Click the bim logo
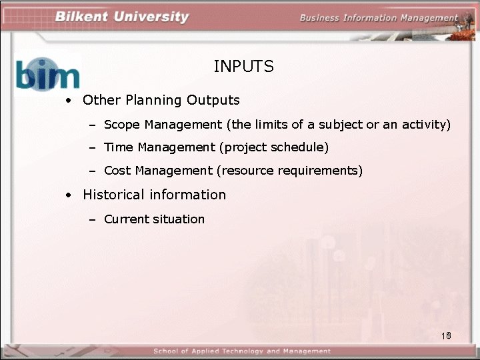pos(47,74)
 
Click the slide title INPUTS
pos(243,67)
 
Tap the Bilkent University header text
pos(122,17)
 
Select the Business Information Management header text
pos(378,18)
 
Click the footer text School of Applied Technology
pos(241,351)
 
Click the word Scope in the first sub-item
pos(122,125)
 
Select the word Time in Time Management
pos(119,147)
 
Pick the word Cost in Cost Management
pos(118,171)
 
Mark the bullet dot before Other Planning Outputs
pos(69,101)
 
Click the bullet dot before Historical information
pos(69,196)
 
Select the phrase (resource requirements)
pos(289,171)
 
